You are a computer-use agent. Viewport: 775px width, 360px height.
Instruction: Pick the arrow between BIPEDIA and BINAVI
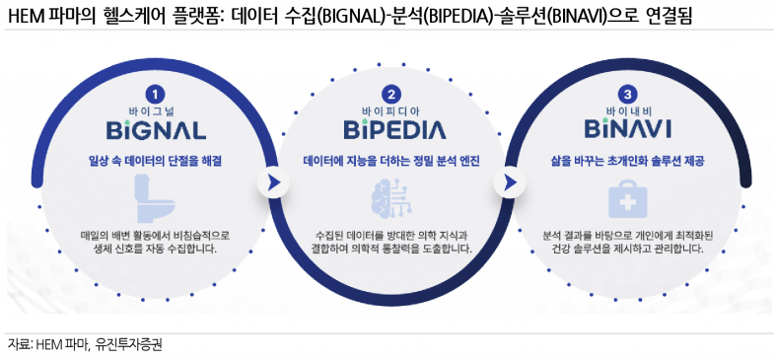510,182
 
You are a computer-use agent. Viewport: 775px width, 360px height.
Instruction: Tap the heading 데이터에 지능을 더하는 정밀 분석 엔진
391,160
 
